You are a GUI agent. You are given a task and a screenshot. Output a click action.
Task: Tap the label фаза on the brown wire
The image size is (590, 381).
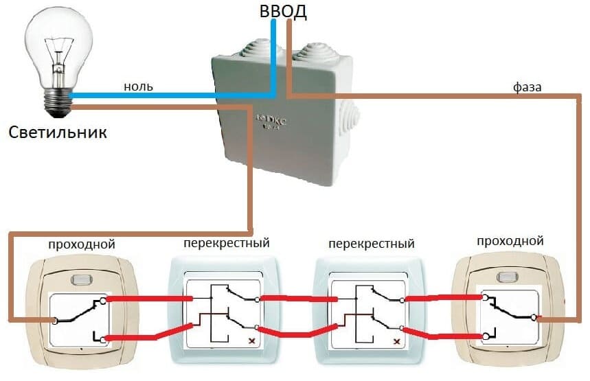click(x=527, y=87)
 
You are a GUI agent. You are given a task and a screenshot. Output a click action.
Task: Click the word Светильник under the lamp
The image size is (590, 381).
click(x=58, y=132)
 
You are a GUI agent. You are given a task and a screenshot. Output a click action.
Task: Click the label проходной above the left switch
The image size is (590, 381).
click(x=81, y=244)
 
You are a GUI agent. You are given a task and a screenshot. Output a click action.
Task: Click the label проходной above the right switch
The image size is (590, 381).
click(x=510, y=241)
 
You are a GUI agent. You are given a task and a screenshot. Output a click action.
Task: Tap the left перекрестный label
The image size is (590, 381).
click(x=226, y=243)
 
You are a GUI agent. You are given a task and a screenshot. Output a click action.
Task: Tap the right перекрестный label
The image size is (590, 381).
click(x=372, y=244)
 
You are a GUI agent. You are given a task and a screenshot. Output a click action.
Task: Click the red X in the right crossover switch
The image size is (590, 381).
click(x=396, y=340)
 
